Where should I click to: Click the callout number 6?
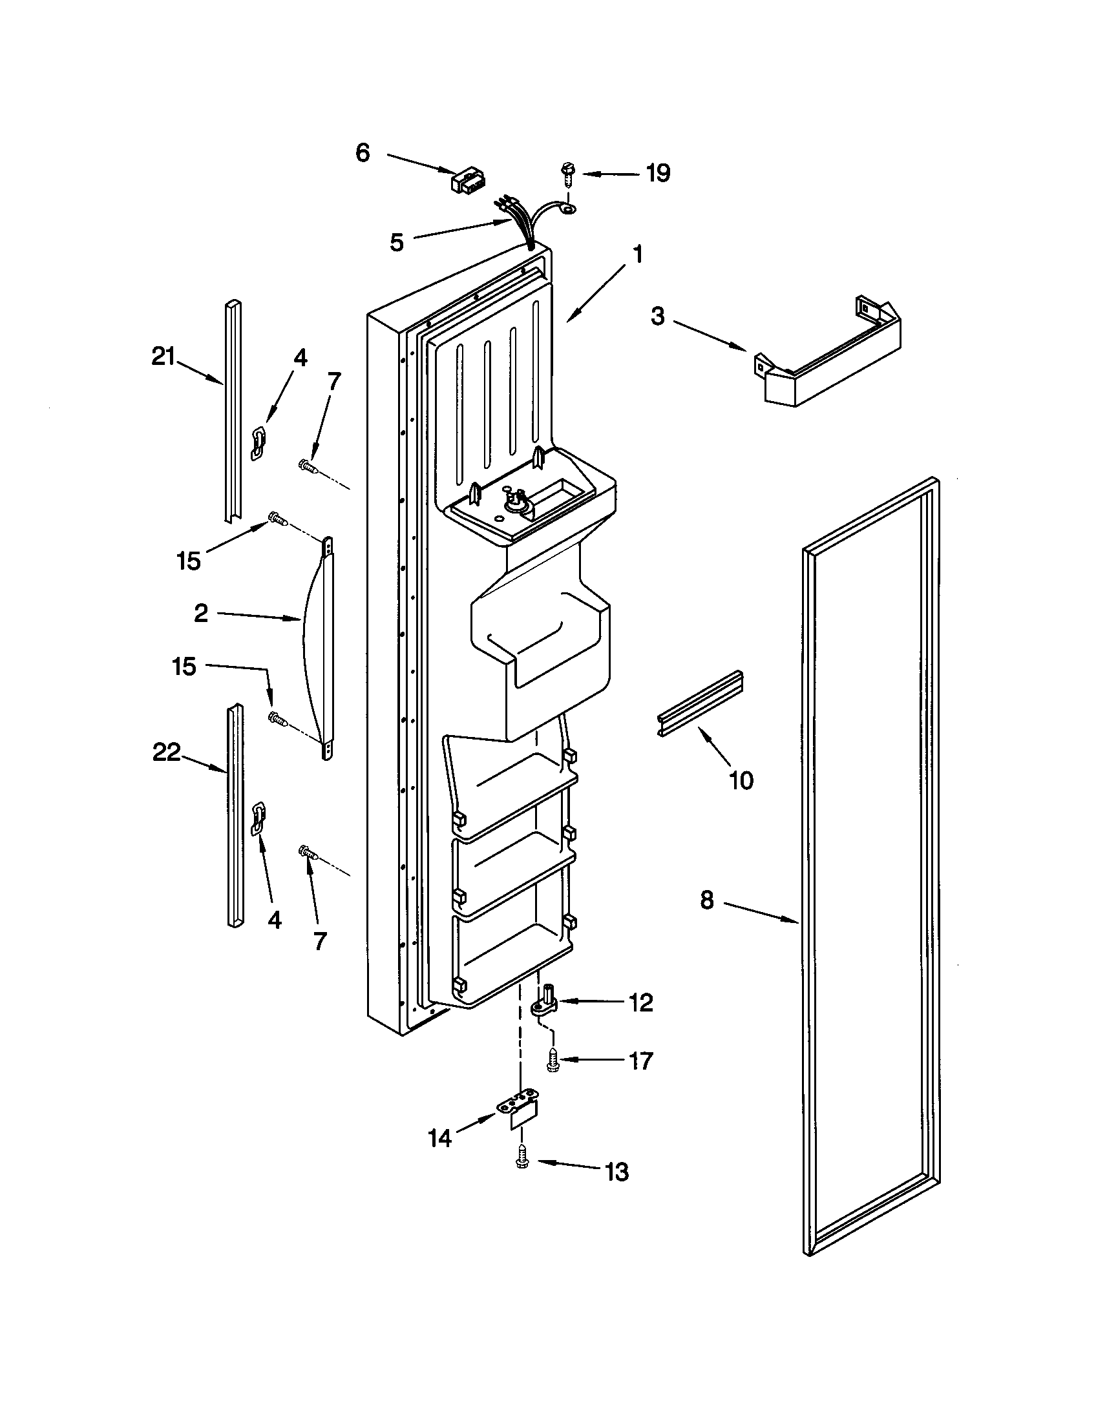tap(363, 153)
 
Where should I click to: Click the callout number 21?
tap(163, 357)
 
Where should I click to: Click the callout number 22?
tap(166, 752)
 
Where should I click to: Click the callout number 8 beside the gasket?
tap(707, 900)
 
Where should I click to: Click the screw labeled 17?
tap(553, 1062)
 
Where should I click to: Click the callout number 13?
tap(616, 1172)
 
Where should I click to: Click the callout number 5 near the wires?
tap(396, 243)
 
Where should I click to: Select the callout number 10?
tap(741, 779)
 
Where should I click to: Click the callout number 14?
tap(440, 1138)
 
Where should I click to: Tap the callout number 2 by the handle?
tap(201, 613)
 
